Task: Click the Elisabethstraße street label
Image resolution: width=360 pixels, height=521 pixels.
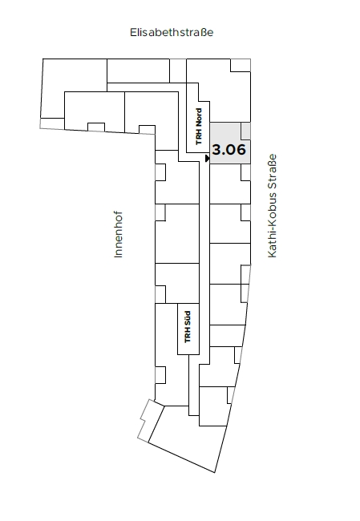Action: (172, 32)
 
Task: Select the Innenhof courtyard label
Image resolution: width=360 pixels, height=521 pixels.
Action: (118, 234)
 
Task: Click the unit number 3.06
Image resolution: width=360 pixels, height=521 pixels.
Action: (229, 150)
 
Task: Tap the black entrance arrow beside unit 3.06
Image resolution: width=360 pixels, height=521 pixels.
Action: (208, 159)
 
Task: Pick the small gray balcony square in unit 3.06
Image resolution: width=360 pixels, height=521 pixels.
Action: (245, 131)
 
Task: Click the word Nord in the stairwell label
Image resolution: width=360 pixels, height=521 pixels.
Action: (199, 117)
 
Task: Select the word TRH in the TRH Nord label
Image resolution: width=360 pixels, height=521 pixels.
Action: (199, 137)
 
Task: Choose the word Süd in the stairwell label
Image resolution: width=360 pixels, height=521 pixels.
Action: (188, 318)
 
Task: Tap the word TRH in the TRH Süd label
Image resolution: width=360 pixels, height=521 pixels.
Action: (188, 336)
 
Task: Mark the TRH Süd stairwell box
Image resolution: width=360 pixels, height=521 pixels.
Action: (188, 329)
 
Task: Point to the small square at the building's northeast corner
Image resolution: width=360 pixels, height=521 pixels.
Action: (241, 65)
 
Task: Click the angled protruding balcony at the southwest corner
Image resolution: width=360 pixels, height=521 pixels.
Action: (146, 420)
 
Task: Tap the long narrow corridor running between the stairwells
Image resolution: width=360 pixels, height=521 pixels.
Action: (204, 259)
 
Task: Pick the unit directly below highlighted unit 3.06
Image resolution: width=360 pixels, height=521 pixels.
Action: (230, 184)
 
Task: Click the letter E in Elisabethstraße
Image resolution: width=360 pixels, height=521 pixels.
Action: (132, 32)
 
